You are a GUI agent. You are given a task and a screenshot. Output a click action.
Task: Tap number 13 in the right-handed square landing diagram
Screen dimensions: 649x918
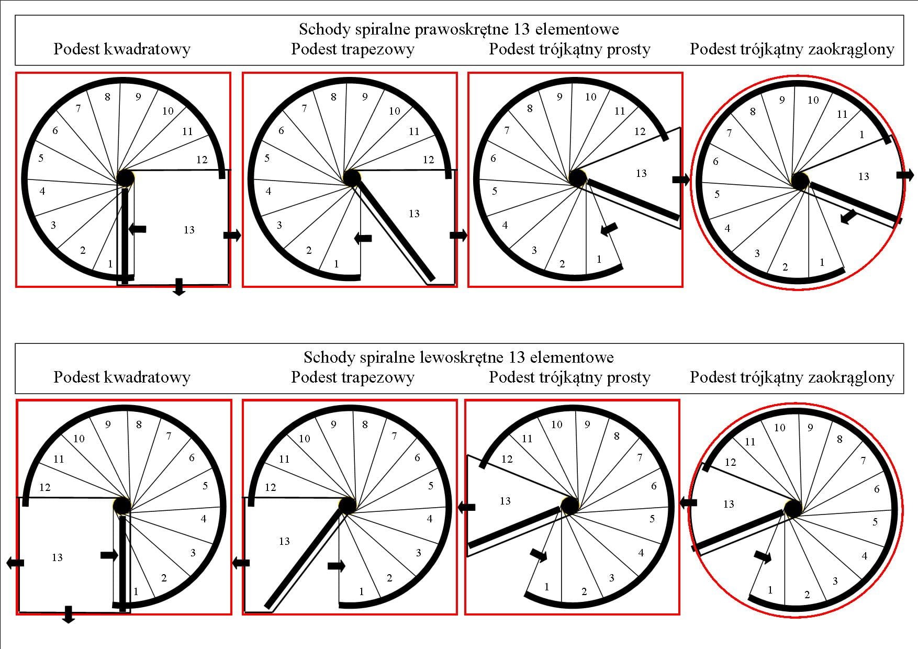tap(189, 230)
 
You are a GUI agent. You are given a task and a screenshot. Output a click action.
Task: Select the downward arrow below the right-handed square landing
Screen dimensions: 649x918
tap(179, 287)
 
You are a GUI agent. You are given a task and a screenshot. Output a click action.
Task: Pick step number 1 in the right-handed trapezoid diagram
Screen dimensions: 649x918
tap(336, 264)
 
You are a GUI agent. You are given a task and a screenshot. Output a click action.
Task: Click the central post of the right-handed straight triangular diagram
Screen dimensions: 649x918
tap(577, 178)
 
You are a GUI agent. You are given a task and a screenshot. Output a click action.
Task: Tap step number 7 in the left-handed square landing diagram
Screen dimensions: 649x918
tap(169, 436)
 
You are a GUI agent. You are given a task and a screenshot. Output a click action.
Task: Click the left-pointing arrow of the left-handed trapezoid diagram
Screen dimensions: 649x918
tap(241, 563)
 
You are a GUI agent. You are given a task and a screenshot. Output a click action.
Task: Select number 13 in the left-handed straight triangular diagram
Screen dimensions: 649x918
tap(505, 501)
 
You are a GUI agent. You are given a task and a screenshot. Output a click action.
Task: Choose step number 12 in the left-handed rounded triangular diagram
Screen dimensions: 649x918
tap(730, 462)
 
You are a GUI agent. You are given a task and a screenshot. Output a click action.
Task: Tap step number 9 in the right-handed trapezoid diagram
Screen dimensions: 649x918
tap(365, 97)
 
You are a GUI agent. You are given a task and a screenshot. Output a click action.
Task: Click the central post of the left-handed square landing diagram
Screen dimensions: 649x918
tap(122, 506)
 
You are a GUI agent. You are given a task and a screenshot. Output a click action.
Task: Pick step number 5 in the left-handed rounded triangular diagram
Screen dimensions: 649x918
tap(875, 522)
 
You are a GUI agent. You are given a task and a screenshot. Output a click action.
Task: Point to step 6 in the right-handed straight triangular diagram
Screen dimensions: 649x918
tap(493, 158)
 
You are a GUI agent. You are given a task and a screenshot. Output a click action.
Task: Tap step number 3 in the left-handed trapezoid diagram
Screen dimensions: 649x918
tap(418, 553)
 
